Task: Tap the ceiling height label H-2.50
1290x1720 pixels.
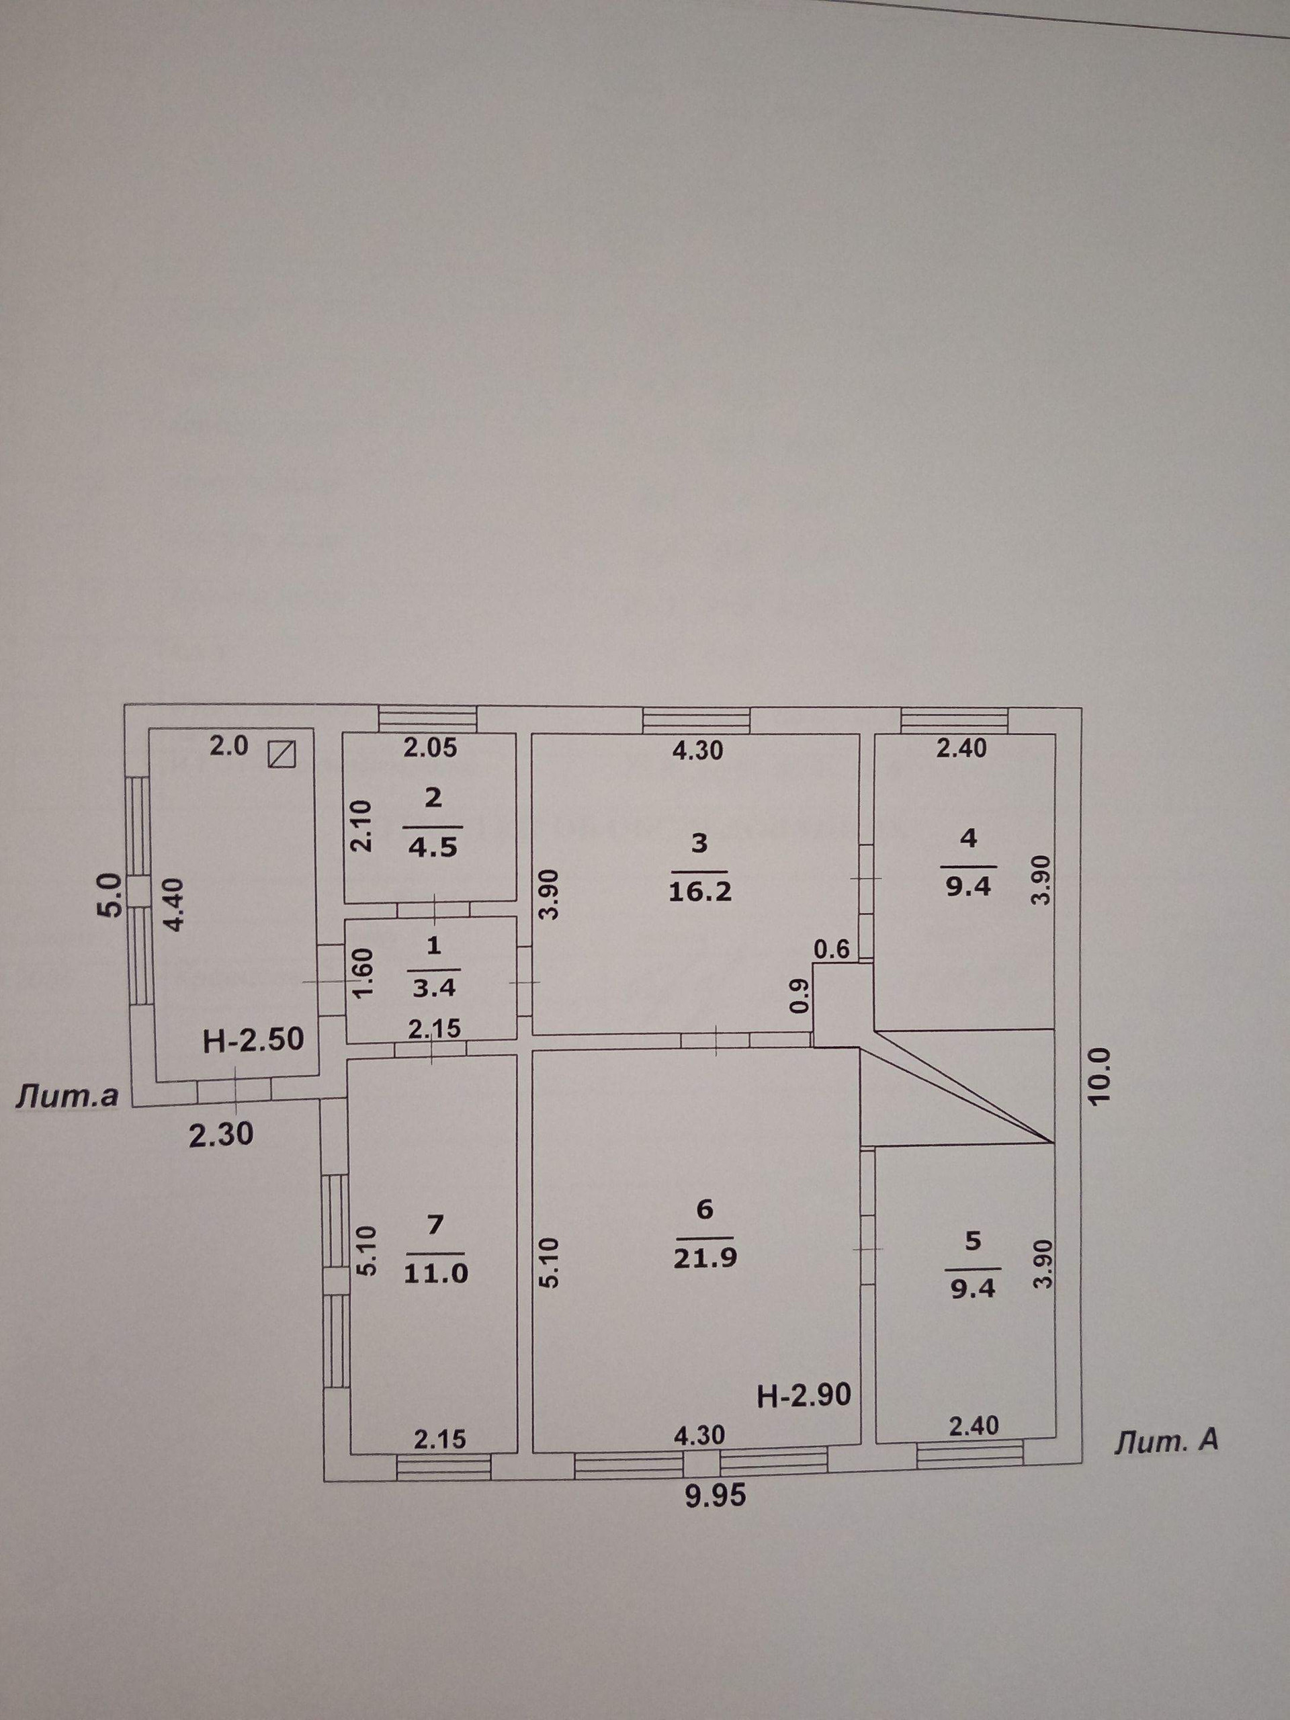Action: click(253, 1039)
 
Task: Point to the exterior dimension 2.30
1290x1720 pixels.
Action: click(222, 1136)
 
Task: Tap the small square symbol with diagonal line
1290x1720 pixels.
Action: click(282, 753)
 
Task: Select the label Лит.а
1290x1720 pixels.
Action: click(68, 1096)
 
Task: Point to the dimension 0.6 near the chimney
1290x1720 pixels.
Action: click(835, 949)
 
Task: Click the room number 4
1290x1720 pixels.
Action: click(968, 839)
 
